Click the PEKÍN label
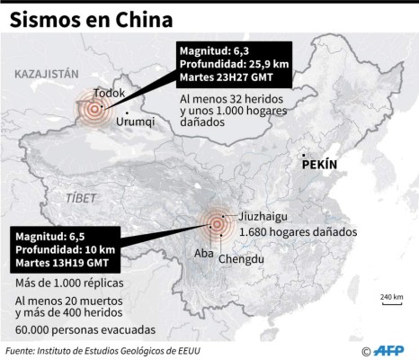[319, 166]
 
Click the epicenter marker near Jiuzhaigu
[216, 223]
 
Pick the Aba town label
[203, 253]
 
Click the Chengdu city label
[241, 259]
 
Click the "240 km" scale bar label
[390, 296]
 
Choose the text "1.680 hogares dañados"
[299, 231]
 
